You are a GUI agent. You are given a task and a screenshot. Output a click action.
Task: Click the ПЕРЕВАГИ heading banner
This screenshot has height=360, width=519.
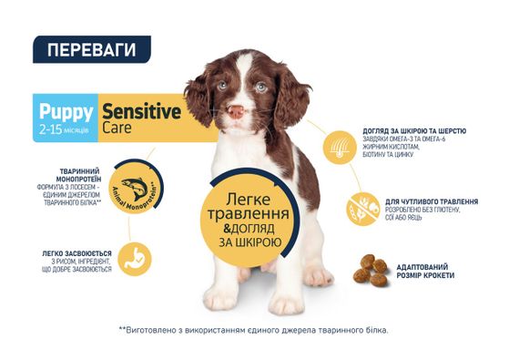point(91,48)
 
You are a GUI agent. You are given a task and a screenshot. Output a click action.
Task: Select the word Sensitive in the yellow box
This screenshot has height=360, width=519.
point(141,112)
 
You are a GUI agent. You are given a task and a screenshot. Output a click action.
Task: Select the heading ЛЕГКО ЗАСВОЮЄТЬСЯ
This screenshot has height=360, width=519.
point(76,252)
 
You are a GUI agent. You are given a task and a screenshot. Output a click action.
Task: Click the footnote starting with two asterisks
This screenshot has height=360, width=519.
point(253,329)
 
